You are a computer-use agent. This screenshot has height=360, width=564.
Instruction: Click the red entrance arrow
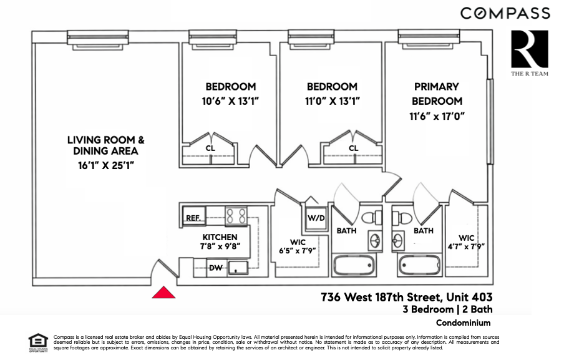[x=163, y=293]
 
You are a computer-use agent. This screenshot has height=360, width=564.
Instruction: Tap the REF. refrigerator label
[x=193, y=218]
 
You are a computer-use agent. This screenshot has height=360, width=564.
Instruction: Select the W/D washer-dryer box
[x=316, y=218]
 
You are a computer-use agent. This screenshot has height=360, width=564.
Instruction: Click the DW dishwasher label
[x=215, y=268]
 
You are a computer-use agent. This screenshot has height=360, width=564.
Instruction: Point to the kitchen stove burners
[x=236, y=216]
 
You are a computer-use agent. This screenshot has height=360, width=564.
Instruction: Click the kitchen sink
[x=237, y=268]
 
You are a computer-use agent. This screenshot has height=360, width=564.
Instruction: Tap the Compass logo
[x=505, y=13]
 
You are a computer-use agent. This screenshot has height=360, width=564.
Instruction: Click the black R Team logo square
[x=530, y=49]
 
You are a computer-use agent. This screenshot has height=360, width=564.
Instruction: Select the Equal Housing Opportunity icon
[x=38, y=343]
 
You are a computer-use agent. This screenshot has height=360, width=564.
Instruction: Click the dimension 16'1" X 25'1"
[x=106, y=165]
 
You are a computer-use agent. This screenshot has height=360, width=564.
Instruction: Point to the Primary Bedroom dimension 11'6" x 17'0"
[x=437, y=116]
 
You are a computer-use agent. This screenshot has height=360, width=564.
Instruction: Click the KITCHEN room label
[x=220, y=237]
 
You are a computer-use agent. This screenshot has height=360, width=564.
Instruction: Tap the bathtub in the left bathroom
[x=354, y=265]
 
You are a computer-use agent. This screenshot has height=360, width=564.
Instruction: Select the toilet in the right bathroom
[x=401, y=218]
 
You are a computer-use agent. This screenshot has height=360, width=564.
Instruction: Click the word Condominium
[x=464, y=323]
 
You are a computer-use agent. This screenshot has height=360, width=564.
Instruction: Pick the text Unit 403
[x=469, y=298]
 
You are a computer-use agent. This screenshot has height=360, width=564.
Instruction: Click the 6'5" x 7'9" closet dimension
[x=298, y=250]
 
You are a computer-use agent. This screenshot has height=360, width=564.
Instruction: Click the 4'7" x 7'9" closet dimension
[x=466, y=246]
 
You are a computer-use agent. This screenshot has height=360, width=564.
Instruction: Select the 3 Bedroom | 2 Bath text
[x=447, y=309]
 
